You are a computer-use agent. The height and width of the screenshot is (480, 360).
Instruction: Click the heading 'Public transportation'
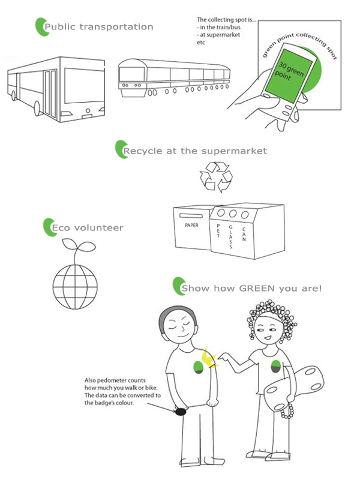point(98,27)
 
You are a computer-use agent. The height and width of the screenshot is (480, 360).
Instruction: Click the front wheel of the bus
point(37,109)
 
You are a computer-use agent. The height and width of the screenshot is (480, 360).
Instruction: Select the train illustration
point(174,78)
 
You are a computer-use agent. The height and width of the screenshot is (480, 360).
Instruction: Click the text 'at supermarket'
point(220,35)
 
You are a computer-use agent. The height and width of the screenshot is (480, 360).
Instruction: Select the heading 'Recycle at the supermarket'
point(195,151)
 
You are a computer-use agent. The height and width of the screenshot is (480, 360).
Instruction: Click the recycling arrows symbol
point(216,177)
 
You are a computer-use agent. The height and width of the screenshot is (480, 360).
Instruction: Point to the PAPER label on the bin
point(191,226)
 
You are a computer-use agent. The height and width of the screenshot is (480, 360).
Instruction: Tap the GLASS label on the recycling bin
point(230,236)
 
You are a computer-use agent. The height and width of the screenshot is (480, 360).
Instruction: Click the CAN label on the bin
point(244,234)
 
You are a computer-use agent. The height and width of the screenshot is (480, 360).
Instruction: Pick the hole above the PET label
point(221,212)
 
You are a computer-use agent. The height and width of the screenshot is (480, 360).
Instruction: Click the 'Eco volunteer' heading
point(88,228)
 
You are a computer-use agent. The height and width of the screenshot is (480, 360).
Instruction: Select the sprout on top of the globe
point(78,250)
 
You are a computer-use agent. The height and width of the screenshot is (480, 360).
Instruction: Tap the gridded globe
point(75,287)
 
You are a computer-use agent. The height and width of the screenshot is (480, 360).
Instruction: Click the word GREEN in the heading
point(257,289)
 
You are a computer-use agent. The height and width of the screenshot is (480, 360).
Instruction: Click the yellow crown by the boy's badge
point(208,358)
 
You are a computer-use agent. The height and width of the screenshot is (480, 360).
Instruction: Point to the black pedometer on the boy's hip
point(181,412)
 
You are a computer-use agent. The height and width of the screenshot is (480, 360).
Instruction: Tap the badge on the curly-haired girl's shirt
point(276,367)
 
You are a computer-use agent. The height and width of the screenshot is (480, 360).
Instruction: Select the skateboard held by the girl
point(293,388)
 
